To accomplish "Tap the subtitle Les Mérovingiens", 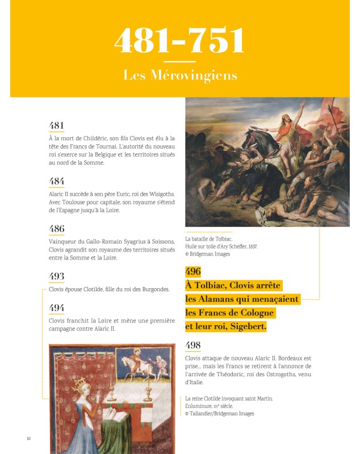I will click(x=180, y=75).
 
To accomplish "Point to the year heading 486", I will click(x=57, y=229).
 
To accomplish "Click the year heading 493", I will click(x=57, y=276).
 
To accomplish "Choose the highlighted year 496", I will click(x=193, y=271).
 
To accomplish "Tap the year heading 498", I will click(x=193, y=345).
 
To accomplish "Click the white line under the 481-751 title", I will click(x=179, y=61).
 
